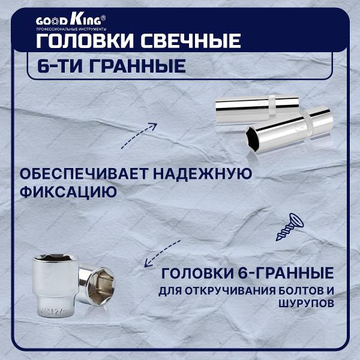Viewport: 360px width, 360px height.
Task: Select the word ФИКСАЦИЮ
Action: (67, 193)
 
